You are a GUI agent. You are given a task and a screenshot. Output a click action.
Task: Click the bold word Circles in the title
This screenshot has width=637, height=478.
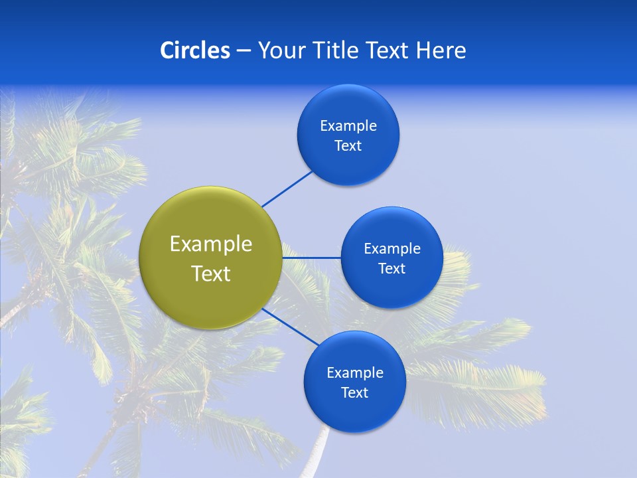point(194,50)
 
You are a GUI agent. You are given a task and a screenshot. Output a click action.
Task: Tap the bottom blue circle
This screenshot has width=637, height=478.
point(354,415)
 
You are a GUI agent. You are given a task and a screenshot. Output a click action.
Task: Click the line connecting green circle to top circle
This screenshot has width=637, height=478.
point(287,189)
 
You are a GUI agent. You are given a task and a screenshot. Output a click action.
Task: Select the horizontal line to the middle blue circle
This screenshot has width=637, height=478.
point(312,258)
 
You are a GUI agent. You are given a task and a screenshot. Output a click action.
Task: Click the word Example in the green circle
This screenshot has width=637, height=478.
point(211,244)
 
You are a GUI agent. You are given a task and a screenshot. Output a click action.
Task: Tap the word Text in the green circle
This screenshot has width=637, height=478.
point(211,274)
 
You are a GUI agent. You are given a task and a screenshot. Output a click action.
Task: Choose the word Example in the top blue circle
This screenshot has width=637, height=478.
point(348,126)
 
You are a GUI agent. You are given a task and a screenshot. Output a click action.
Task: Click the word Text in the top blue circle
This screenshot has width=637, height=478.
point(348,146)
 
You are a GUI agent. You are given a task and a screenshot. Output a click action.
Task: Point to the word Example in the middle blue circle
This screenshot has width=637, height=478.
point(392,249)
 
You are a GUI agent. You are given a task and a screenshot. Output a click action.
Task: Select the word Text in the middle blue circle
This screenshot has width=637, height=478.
point(391,269)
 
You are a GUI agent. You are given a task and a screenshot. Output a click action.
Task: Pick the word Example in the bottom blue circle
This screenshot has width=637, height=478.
point(355,373)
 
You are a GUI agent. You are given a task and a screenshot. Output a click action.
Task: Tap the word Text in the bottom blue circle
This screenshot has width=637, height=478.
point(354,393)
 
